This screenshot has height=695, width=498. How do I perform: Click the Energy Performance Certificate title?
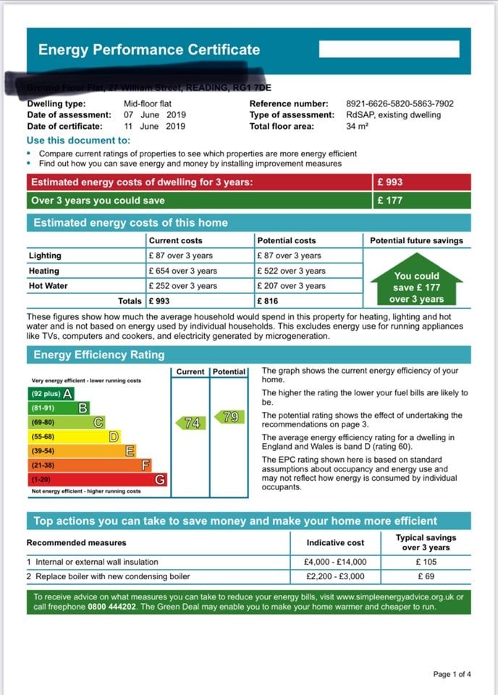click(x=148, y=50)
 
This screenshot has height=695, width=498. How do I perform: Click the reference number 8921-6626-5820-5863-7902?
click(x=400, y=104)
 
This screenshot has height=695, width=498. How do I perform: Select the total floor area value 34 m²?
click(x=358, y=126)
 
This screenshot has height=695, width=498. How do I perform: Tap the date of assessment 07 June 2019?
click(x=155, y=114)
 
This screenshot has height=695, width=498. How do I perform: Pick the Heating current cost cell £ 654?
click(x=182, y=271)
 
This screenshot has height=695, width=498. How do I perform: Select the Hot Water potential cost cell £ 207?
click(x=291, y=286)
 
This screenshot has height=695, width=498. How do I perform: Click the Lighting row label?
click(x=45, y=256)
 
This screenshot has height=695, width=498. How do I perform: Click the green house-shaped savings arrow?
click(x=417, y=281)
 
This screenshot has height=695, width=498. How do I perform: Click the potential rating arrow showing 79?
click(x=229, y=417)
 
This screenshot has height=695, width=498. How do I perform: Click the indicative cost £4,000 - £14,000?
click(x=335, y=562)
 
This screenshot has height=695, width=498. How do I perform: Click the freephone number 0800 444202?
click(x=102, y=607)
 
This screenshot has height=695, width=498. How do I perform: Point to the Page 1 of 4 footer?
click(x=452, y=674)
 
